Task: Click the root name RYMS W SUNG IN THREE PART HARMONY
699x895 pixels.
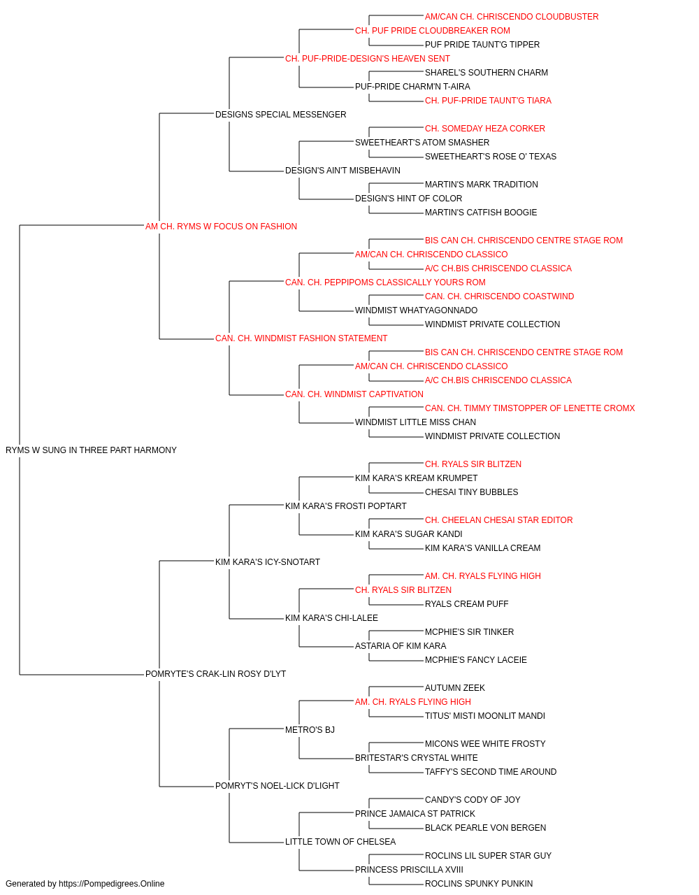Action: click(91, 450)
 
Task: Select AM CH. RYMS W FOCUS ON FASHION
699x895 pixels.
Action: click(221, 227)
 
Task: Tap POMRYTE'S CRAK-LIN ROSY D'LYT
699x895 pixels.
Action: click(216, 674)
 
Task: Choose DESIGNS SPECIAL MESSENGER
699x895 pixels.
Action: click(281, 115)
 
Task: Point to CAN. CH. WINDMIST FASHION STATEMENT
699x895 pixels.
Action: click(301, 338)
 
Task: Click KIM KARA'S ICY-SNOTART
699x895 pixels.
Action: click(268, 562)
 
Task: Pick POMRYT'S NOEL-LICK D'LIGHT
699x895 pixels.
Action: click(278, 786)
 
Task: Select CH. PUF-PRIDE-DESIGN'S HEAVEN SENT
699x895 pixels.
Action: click(368, 59)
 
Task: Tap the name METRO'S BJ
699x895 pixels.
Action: click(310, 730)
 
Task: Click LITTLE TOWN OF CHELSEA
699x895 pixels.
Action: click(340, 842)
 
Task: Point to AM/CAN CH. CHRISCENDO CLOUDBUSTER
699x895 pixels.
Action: click(512, 17)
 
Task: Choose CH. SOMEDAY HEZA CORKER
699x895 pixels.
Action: click(485, 129)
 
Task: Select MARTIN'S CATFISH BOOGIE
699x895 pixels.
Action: click(481, 213)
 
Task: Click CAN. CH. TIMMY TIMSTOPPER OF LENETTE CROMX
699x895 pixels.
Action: click(530, 408)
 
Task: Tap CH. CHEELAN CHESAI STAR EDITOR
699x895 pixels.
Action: click(499, 520)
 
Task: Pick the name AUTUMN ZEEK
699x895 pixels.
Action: click(455, 688)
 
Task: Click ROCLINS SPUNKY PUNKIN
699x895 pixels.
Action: click(479, 884)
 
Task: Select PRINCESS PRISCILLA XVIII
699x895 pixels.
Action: click(409, 870)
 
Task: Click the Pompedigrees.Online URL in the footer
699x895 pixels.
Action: click(112, 884)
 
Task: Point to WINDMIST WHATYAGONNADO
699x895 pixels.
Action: click(416, 310)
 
